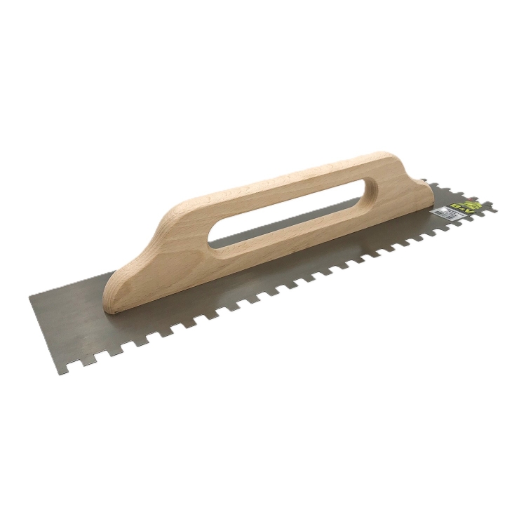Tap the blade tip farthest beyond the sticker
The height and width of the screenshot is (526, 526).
point(497,208)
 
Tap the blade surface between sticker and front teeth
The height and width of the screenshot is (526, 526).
point(435,224)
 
